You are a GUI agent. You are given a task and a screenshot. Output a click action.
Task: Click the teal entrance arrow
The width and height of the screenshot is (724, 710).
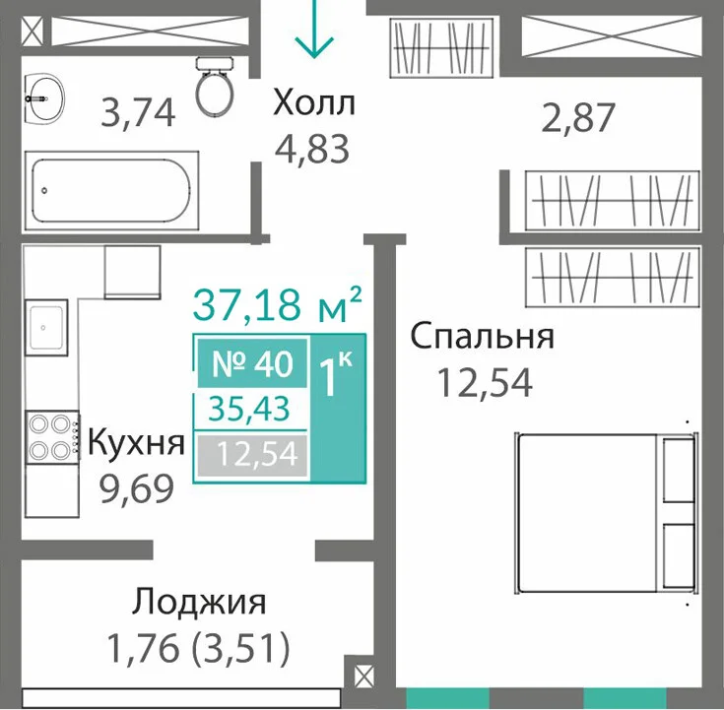click(x=314, y=29)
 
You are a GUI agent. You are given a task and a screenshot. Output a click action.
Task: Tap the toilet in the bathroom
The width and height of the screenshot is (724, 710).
click(x=215, y=87)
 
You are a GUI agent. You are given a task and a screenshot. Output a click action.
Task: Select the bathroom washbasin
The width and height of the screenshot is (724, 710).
click(x=44, y=98)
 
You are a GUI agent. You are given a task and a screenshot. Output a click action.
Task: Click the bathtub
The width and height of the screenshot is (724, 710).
click(x=111, y=190)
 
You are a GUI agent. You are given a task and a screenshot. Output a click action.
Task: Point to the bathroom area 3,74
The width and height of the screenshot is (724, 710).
click(x=138, y=112)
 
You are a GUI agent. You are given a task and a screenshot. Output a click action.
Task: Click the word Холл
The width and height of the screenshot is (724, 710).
click(x=314, y=103)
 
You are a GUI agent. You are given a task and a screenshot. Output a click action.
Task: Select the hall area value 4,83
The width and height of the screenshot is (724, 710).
click(x=312, y=149)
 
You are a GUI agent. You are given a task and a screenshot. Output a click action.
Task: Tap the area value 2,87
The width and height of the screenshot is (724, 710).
click(x=577, y=118)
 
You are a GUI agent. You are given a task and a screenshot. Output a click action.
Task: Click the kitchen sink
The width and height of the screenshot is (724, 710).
click(x=46, y=327)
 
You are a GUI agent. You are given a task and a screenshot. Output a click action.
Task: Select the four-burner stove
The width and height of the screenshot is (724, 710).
click(x=52, y=436)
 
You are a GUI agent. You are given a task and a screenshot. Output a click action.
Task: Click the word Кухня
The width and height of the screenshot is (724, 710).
click(x=136, y=443)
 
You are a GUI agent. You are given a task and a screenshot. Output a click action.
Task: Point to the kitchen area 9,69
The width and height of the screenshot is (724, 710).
click(x=137, y=488)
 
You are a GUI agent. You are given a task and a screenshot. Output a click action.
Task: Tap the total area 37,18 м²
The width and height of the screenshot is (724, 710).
click(x=277, y=304)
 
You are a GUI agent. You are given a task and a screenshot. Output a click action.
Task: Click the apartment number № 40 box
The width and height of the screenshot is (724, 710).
click(x=252, y=363)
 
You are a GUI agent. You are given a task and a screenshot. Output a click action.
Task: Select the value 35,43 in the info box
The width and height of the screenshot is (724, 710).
click(x=249, y=409)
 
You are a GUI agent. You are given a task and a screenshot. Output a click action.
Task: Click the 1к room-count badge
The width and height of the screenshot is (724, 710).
click(x=338, y=408)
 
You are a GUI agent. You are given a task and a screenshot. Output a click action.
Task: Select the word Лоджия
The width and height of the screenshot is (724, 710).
click(x=199, y=603)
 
